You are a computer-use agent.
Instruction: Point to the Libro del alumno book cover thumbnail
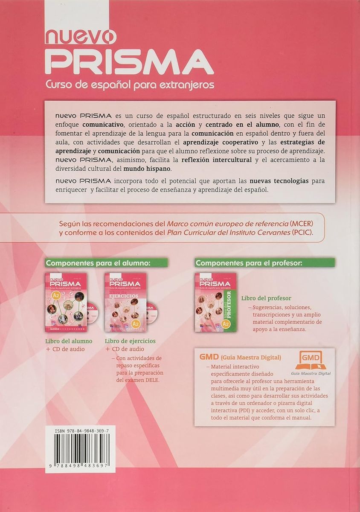[66, 303]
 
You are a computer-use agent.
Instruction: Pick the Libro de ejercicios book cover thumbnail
[125, 303]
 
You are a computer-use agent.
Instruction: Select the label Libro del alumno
[69, 341]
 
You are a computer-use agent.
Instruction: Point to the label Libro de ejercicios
[130, 341]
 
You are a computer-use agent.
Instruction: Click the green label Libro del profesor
[266, 298]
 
